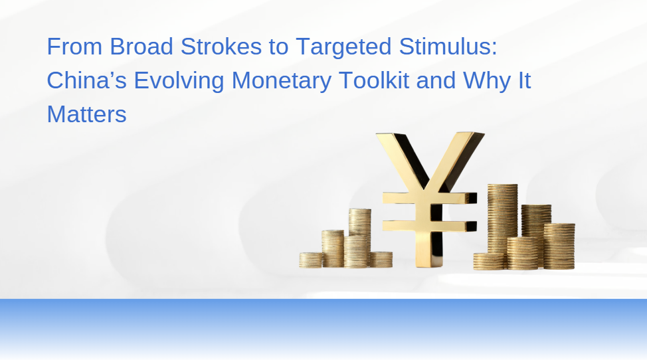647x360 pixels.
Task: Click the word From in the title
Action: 74,46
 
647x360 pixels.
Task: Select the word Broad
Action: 141,46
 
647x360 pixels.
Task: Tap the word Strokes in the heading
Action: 221,46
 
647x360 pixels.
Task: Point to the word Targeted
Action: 343,47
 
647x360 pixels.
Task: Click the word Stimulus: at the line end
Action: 448,46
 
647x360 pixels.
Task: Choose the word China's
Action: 86,80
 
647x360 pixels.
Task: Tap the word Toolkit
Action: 374,80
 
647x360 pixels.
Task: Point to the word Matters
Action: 86,114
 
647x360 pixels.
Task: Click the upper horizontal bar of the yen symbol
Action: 430,198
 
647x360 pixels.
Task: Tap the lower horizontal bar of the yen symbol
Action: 430,226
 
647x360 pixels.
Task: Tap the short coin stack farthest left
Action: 310,260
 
